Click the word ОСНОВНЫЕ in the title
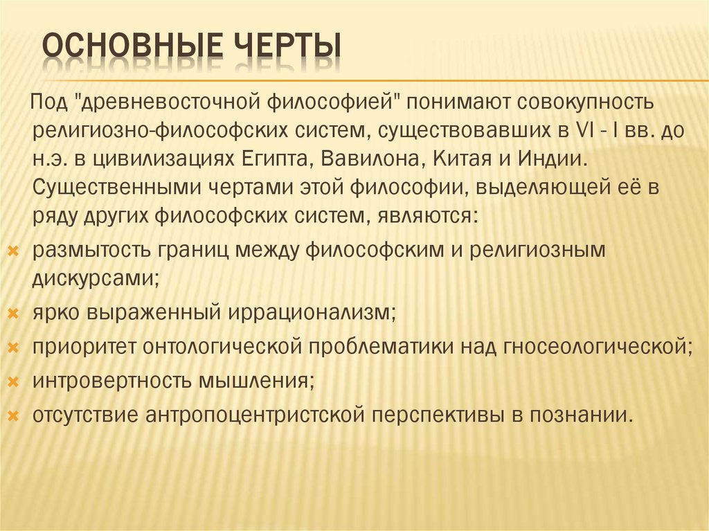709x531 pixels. (122, 49)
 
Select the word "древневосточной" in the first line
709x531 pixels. (169, 104)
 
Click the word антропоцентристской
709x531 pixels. (255, 415)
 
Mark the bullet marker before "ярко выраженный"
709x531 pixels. (12, 313)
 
